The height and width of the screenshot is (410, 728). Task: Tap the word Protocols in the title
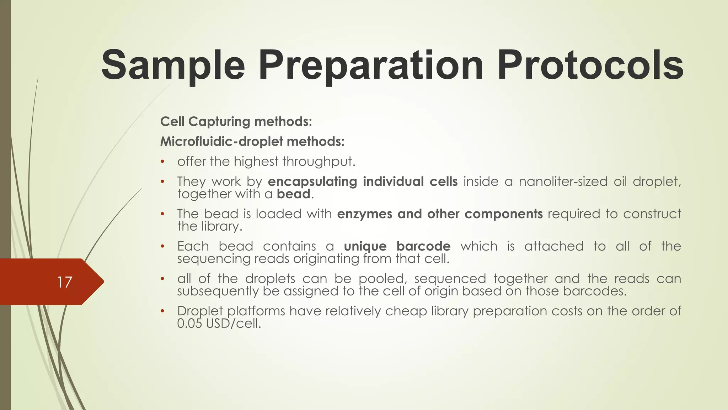click(590, 66)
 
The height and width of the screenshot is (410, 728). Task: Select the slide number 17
click(64, 282)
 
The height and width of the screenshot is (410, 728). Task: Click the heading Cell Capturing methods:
click(236, 122)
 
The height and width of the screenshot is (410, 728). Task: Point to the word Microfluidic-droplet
click(222, 142)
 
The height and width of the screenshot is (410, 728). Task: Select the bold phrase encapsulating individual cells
click(363, 182)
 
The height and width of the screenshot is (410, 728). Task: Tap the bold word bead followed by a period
click(294, 194)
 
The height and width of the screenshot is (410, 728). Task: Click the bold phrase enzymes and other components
click(440, 214)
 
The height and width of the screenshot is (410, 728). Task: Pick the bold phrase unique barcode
click(397, 246)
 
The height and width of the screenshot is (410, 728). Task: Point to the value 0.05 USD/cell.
click(219, 324)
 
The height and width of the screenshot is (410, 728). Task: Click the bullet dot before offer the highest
click(162, 162)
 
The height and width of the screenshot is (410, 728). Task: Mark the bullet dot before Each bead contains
click(162, 246)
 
